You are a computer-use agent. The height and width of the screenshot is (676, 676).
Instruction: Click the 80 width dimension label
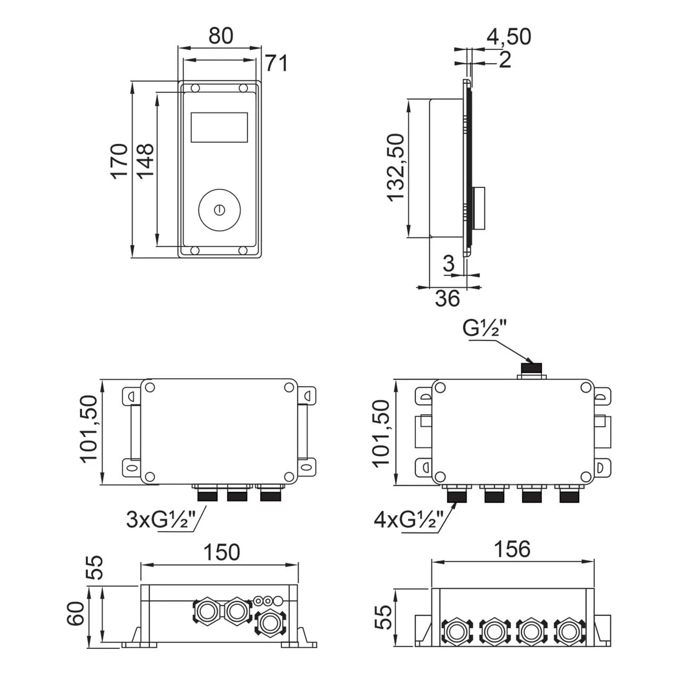click(221, 36)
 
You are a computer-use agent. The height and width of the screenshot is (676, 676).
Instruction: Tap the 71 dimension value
click(276, 63)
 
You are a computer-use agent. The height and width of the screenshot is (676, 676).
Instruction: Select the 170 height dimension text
click(120, 161)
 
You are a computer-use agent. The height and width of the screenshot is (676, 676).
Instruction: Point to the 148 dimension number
click(145, 161)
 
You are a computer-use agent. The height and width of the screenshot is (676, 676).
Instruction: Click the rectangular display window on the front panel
click(219, 127)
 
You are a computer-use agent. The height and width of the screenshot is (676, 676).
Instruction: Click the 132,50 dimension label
click(396, 168)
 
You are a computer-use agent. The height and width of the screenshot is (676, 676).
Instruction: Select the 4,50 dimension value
click(508, 37)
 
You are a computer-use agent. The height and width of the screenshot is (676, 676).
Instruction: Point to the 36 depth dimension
click(447, 298)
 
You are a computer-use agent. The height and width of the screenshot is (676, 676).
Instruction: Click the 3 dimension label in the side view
click(449, 263)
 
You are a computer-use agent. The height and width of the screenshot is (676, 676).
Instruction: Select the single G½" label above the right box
click(485, 328)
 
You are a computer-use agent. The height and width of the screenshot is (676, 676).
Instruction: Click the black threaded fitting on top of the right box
click(531, 369)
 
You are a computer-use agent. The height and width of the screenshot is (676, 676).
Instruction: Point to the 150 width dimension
click(222, 552)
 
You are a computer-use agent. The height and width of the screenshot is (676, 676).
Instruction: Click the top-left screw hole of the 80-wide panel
click(195, 88)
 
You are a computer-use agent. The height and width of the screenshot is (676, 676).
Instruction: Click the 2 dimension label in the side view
click(504, 60)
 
